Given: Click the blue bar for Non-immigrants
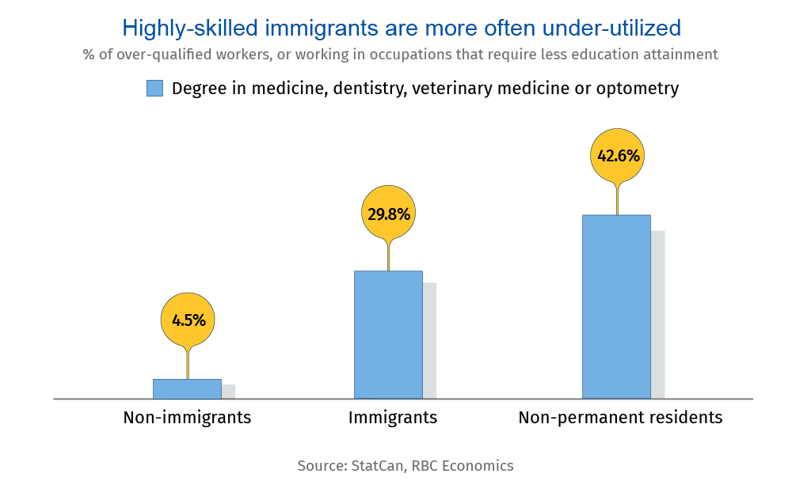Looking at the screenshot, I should (x=187, y=388).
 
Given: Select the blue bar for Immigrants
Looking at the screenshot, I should (x=388, y=335).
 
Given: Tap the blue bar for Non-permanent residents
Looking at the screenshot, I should (x=616, y=307).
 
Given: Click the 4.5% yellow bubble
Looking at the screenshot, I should (x=188, y=320).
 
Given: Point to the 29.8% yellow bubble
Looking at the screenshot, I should (x=388, y=213).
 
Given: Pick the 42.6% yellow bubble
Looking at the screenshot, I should (x=618, y=156).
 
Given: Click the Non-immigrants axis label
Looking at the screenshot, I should (x=187, y=418).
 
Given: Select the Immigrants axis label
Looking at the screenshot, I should (x=393, y=418).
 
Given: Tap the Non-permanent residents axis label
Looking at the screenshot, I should (x=620, y=418).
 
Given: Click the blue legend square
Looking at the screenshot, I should (x=154, y=89).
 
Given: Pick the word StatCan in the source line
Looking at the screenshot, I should (x=377, y=466).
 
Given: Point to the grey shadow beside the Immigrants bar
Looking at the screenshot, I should (x=430, y=340).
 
